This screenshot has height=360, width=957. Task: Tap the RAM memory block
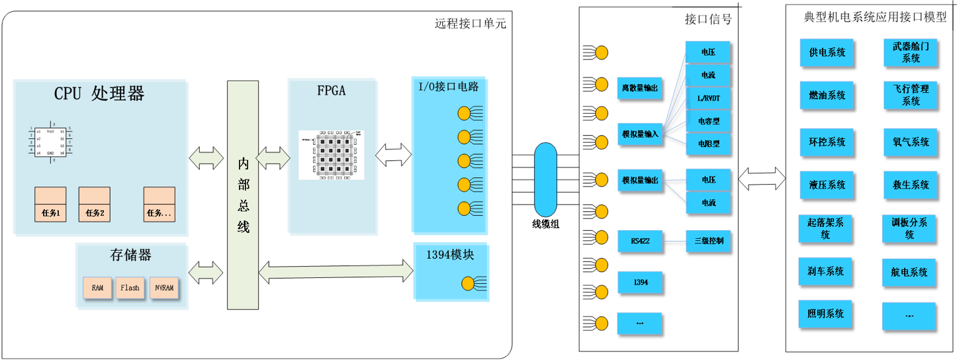point(97,288)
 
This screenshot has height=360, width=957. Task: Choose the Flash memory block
point(130,288)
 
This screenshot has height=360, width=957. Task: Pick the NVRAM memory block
point(164,288)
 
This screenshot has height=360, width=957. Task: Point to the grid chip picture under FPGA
point(331,155)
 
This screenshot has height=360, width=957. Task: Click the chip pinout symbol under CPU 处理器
point(50,142)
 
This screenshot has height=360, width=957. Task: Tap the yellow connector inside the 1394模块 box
point(467,283)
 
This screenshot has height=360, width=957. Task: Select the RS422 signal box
point(640,242)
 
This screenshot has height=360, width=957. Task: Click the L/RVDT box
point(708,98)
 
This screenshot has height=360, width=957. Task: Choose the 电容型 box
point(708,121)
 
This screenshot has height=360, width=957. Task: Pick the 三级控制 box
point(708,241)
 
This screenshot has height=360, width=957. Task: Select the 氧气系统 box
point(909,142)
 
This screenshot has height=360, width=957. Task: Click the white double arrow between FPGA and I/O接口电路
point(393,156)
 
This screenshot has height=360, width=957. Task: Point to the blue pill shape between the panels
point(545,179)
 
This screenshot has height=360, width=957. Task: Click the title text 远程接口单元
point(470,24)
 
